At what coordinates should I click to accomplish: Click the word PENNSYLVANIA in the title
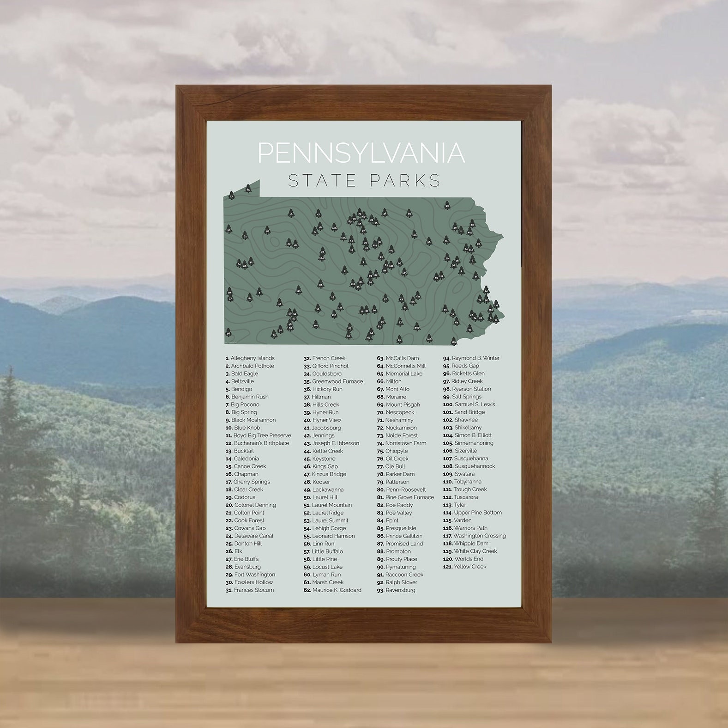click(x=361, y=153)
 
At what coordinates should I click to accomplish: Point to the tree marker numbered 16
click(x=291, y=213)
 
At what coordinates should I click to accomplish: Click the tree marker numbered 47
click(x=318, y=214)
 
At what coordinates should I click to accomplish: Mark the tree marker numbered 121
click(x=299, y=291)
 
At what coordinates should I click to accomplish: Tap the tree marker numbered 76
click(x=266, y=230)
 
